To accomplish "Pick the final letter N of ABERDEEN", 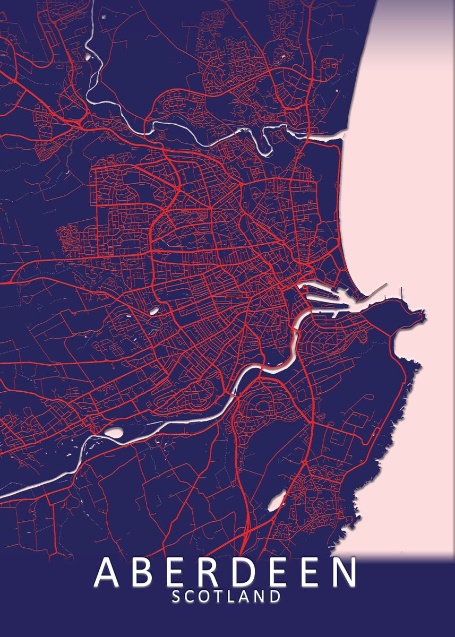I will [x=344, y=572].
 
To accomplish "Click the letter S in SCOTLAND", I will [x=177, y=596].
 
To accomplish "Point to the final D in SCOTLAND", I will [x=274, y=596].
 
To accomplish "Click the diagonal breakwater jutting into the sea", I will [x=377, y=291].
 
